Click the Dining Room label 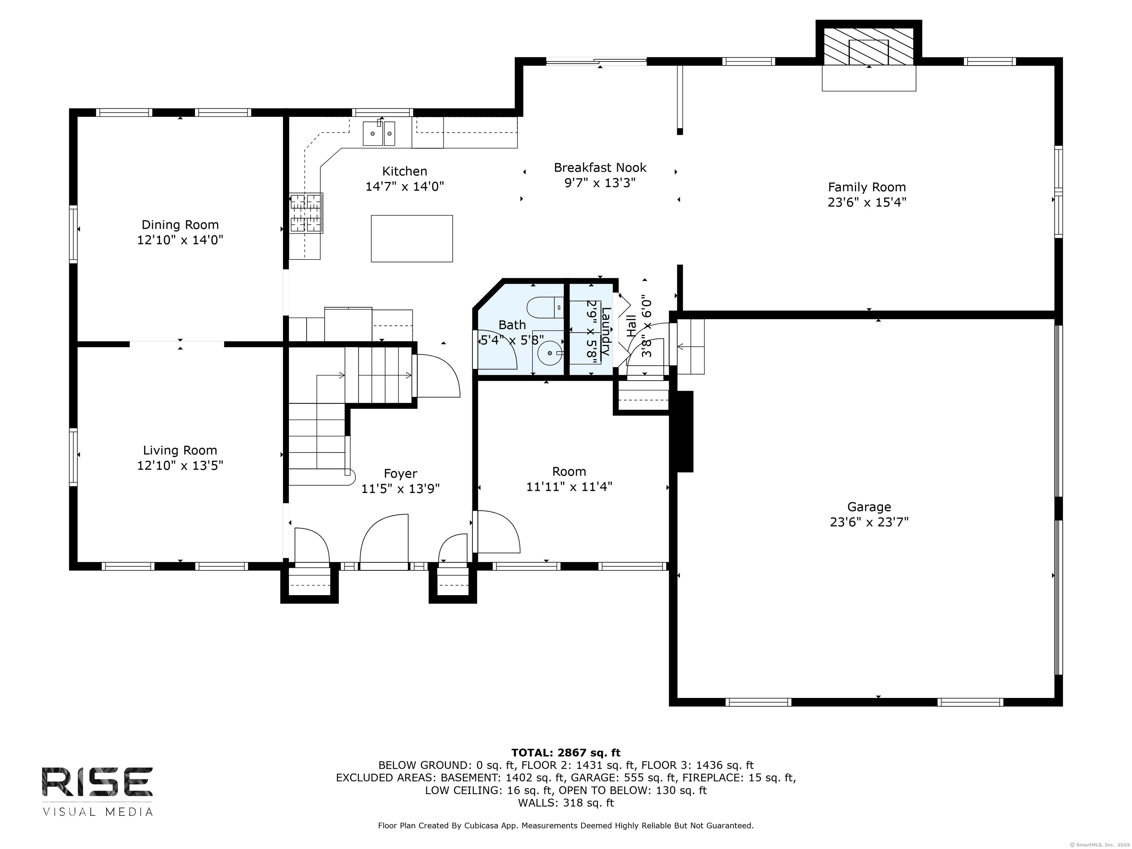tap(180, 225)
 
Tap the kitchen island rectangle tap(412, 238)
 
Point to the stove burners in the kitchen tap(306, 213)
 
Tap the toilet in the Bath tap(545, 307)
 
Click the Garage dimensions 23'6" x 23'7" tap(869, 522)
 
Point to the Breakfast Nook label tap(600, 167)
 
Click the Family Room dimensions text tap(866, 202)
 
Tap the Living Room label tap(180, 450)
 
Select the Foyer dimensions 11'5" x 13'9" tap(400, 489)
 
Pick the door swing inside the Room tap(496, 532)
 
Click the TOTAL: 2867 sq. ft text tap(566, 753)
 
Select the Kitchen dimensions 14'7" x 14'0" tap(404, 186)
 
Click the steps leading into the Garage tap(691, 346)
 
